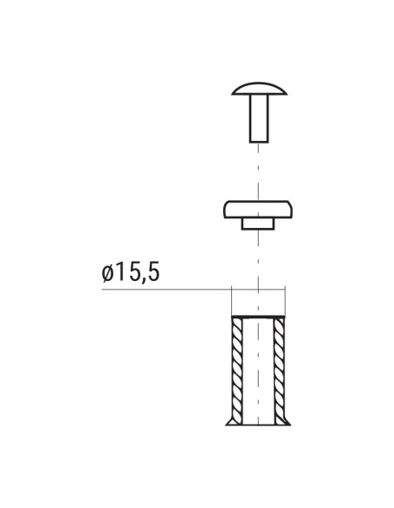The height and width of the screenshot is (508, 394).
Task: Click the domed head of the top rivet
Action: point(258,88)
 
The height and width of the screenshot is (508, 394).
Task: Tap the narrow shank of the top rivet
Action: point(258,117)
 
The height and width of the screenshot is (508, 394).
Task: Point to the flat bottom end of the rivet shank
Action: point(258,139)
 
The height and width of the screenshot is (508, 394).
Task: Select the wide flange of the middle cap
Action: point(258,209)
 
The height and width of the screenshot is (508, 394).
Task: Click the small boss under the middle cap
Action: point(258,224)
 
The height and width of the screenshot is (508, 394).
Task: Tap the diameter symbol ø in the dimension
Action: point(108,273)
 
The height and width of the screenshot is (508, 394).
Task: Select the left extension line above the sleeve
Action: point(231,300)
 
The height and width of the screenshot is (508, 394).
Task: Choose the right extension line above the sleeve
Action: point(286,300)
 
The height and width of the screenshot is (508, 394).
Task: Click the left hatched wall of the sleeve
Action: point(235,365)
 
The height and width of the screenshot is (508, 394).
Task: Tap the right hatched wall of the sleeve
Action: point(281,365)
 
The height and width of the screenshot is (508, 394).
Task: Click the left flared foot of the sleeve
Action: point(229,421)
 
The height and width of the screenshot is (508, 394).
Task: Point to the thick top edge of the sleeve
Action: point(258,316)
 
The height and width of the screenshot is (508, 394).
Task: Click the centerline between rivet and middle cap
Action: point(258,170)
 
